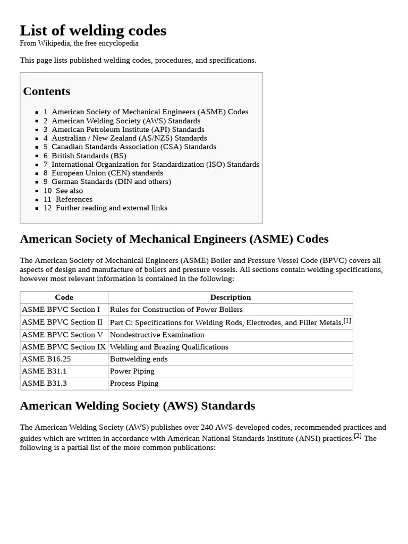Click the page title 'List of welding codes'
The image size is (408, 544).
(93, 31)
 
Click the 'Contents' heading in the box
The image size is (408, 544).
(47, 91)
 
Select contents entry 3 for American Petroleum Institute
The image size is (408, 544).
(127, 129)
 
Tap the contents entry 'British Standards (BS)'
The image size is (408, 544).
(89, 156)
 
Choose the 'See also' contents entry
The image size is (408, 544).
(69, 191)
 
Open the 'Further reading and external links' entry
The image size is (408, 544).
(111, 208)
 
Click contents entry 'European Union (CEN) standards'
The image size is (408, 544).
(107, 173)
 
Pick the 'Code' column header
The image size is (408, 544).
(64, 297)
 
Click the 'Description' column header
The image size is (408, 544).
(230, 297)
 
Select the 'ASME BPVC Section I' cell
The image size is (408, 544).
(61, 310)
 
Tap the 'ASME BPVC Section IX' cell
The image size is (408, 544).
(64, 347)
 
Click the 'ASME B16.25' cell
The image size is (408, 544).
(46, 359)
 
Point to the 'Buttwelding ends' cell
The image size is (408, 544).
(139, 359)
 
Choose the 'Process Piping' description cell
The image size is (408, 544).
(134, 384)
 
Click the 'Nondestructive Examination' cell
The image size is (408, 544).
(157, 335)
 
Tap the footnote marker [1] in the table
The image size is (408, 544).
(347, 321)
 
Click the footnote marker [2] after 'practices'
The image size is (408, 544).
(358, 436)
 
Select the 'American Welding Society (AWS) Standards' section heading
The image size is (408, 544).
(137, 406)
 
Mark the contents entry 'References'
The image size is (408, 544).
(74, 199)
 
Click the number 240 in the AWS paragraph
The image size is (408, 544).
(207, 427)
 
